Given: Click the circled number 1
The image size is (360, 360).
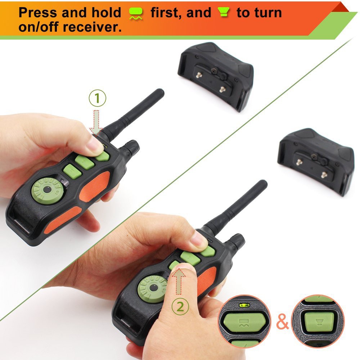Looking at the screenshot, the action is click(x=98, y=98).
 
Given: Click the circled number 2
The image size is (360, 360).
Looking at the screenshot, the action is click(x=180, y=306).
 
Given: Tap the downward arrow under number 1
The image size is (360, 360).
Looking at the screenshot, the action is click(x=96, y=122).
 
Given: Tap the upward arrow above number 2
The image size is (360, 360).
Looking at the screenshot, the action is click(x=179, y=281).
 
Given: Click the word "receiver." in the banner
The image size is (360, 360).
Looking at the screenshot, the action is click(x=92, y=27).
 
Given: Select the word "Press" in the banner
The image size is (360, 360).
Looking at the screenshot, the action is click(x=38, y=13).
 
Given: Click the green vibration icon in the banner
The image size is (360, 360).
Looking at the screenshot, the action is click(x=136, y=13).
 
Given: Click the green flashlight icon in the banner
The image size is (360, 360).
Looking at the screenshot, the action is click(x=224, y=12).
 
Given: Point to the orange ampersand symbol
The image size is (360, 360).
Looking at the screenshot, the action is click(x=282, y=322).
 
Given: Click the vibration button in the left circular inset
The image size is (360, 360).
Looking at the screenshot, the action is click(x=244, y=322).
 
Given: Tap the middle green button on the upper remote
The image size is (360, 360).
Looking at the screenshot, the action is click(x=85, y=162).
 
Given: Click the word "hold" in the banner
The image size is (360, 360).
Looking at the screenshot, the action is click(x=106, y=13).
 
